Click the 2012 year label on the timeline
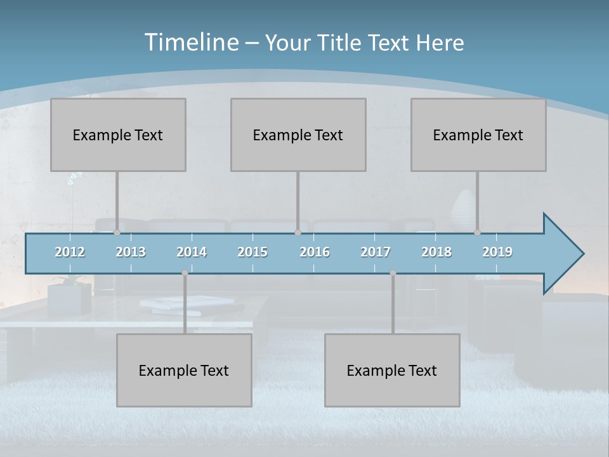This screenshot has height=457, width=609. (x=70, y=252)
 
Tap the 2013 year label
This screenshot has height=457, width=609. (x=131, y=252)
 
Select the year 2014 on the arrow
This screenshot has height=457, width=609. (x=192, y=252)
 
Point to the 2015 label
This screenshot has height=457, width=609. (x=252, y=252)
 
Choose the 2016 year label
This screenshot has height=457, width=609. (x=315, y=252)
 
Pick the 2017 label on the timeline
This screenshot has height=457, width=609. (x=376, y=252)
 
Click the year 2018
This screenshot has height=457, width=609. (x=436, y=252)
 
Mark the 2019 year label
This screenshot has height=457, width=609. (x=497, y=252)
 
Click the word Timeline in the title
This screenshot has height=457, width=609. (x=190, y=43)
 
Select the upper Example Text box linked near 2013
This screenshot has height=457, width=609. (x=118, y=135)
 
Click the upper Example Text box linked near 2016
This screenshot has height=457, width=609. (x=298, y=135)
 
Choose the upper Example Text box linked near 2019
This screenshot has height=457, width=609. (x=478, y=135)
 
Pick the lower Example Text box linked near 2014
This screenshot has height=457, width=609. (x=184, y=370)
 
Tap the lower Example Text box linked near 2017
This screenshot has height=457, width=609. (x=392, y=370)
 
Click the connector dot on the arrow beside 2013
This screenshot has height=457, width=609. (x=117, y=233)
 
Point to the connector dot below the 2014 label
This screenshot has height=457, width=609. (x=185, y=273)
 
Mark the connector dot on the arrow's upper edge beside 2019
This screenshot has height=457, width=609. (x=477, y=233)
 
